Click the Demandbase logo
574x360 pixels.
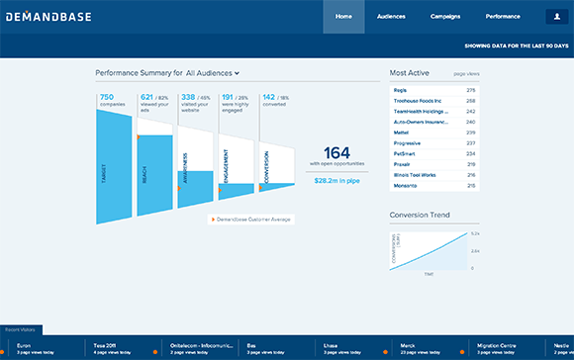tap(45, 17)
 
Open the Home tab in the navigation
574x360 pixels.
tap(343, 17)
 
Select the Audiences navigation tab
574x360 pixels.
tap(392, 17)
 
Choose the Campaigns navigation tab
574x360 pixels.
tap(445, 17)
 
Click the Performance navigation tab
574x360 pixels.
tap(503, 17)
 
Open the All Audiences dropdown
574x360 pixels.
tap(213, 73)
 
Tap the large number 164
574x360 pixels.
tap(336, 152)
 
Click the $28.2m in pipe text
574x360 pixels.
tap(336, 180)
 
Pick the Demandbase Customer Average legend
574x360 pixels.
tap(252, 219)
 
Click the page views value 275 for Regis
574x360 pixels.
tap(471, 90)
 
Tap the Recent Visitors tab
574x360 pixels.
tap(19, 328)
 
